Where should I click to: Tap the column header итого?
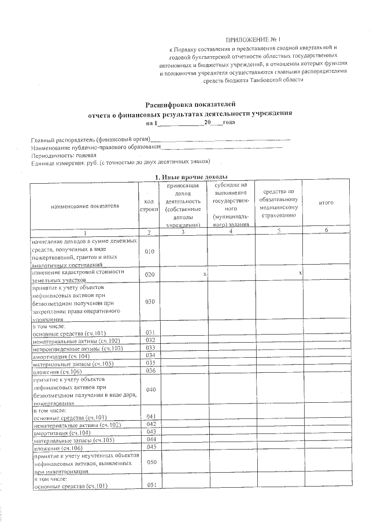[x=327, y=203]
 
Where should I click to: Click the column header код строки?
[x=149, y=205]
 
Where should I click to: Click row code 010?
[x=149, y=252]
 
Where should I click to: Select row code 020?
[x=149, y=275]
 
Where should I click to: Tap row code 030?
[x=149, y=302]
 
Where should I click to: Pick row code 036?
[x=151, y=370]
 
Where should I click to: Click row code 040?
[x=151, y=390]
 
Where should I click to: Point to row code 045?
[x=152, y=446]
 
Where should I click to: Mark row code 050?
[x=152, y=463]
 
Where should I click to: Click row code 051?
[x=152, y=484]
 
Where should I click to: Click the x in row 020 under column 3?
[x=205, y=272]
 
